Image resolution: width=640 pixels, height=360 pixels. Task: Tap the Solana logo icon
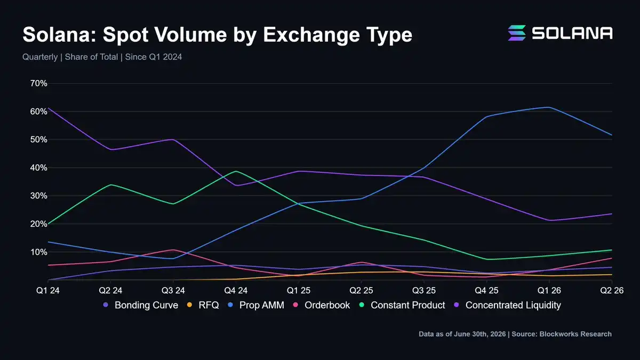(x=517, y=33)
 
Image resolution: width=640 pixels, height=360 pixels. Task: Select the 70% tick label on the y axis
(x=38, y=83)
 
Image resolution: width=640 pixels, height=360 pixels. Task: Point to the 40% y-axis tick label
(x=38, y=167)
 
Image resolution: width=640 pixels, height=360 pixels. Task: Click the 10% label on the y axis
(x=38, y=252)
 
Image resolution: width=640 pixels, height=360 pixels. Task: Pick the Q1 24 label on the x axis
(x=47, y=291)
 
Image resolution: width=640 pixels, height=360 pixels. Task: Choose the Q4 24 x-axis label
(x=236, y=291)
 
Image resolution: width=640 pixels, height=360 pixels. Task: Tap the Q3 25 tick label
(x=423, y=291)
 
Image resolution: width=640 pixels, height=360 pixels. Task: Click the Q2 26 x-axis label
(x=612, y=291)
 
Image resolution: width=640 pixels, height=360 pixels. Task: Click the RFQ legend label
(x=209, y=305)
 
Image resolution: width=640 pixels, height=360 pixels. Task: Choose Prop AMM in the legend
(x=262, y=305)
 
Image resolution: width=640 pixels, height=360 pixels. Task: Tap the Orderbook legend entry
(x=327, y=305)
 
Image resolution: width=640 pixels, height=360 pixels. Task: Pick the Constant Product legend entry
(x=407, y=305)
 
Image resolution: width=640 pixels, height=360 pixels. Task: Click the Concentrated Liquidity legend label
(x=513, y=305)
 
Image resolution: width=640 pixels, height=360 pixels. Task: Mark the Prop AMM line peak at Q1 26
(x=549, y=107)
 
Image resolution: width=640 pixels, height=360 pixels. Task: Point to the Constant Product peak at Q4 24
(x=236, y=171)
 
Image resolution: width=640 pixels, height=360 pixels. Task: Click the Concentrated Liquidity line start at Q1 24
(x=48, y=108)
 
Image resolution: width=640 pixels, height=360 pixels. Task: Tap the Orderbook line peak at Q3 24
(x=173, y=250)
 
